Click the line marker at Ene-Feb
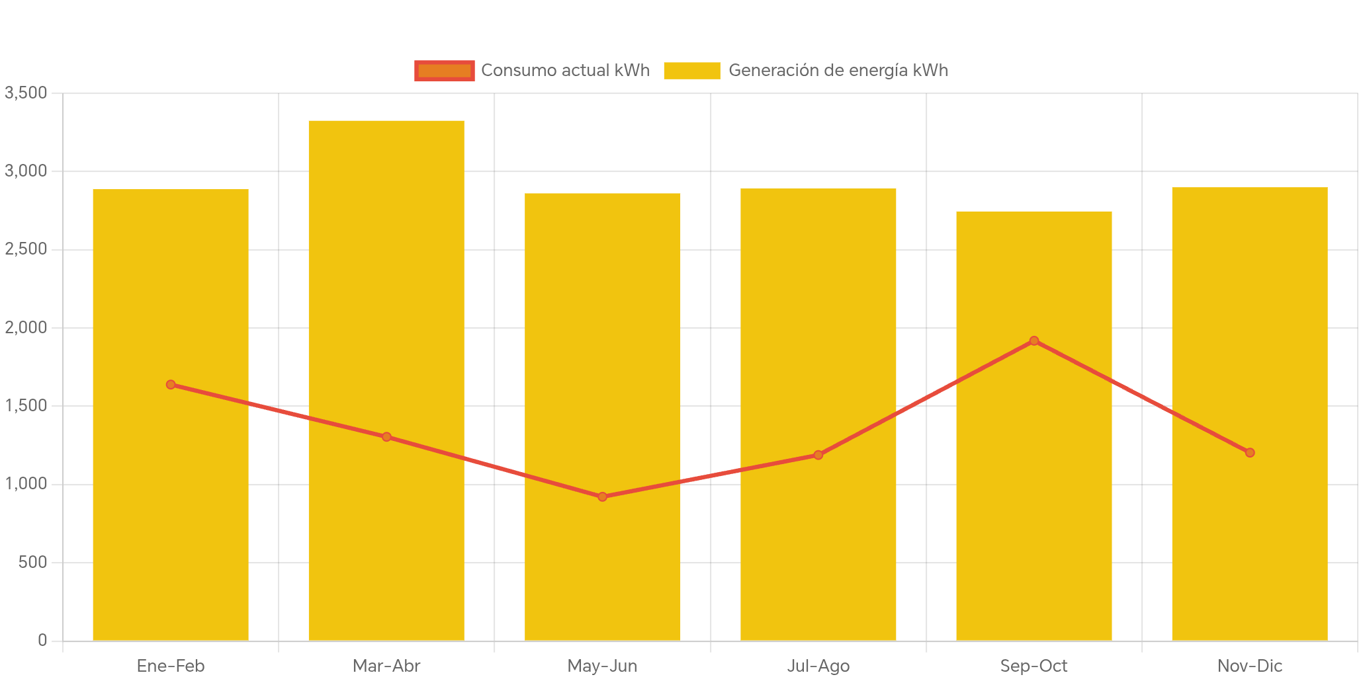click(x=171, y=384)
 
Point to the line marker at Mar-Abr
click(x=386, y=436)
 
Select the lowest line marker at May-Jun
click(x=602, y=497)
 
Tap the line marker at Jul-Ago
click(x=818, y=455)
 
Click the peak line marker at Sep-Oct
click(x=1034, y=340)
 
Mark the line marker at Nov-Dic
click(x=1250, y=453)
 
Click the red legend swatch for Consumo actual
click(x=444, y=71)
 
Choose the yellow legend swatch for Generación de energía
click(x=691, y=71)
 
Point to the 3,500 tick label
click(x=26, y=93)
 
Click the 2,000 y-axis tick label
click(x=26, y=327)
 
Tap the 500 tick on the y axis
click(x=32, y=562)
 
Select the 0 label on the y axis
click(x=42, y=640)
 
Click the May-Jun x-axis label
click(x=602, y=666)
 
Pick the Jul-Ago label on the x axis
click(x=818, y=666)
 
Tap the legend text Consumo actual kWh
click(x=565, y=71)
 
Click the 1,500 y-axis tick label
click(x=26, y=405)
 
